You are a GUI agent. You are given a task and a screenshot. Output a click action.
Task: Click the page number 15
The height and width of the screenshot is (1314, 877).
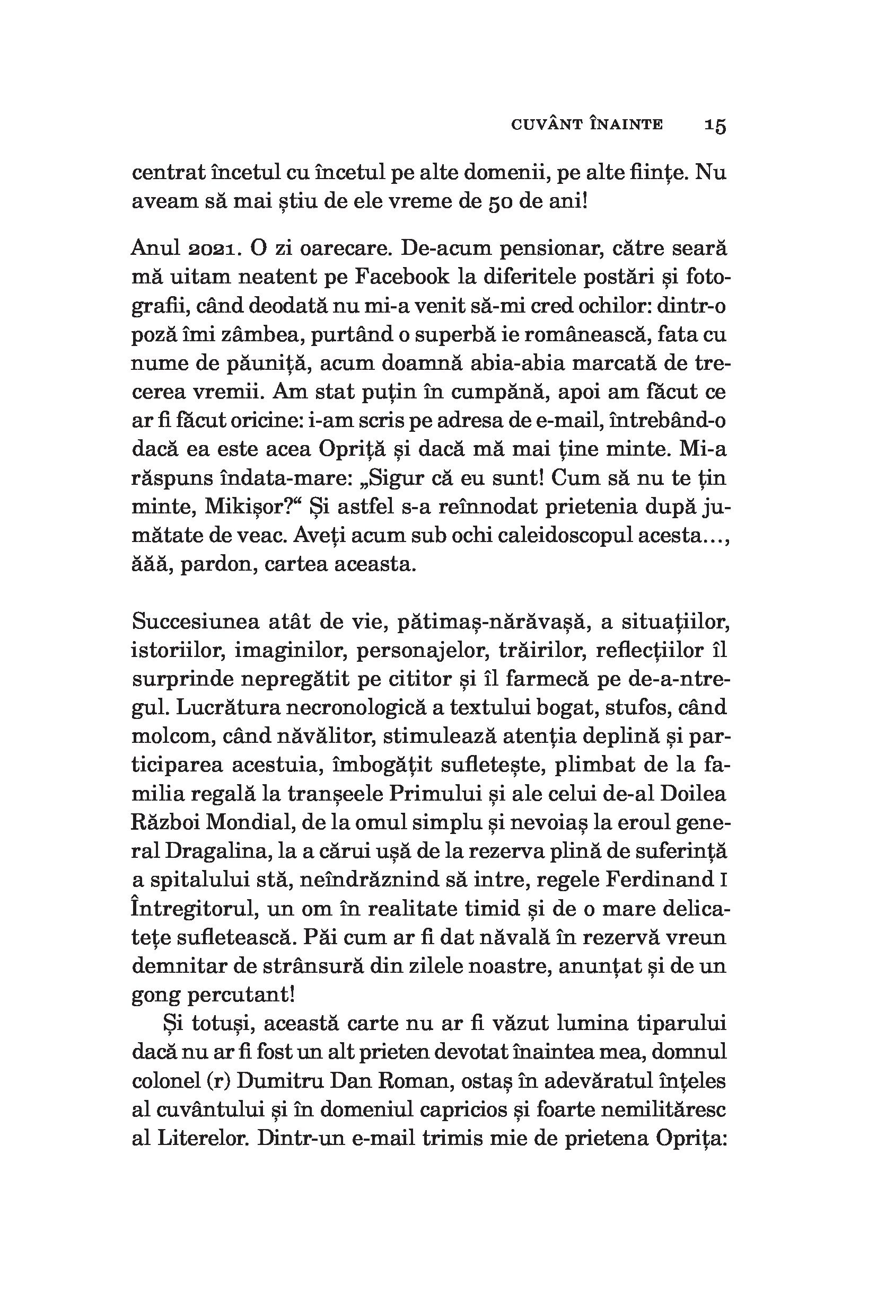click(x=715, y=126)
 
